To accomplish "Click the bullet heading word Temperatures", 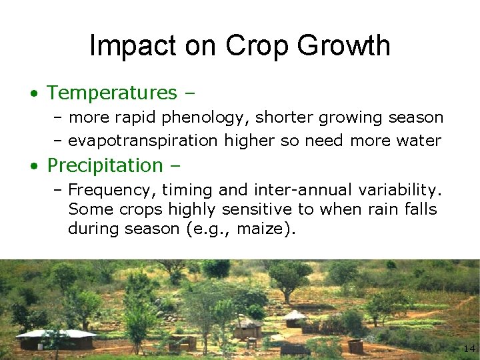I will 112,92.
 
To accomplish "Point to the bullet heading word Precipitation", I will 105,165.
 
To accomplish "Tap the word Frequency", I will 105,189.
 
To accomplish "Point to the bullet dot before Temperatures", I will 33,93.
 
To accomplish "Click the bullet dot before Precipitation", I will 33,165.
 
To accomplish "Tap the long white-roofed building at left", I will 56,339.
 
